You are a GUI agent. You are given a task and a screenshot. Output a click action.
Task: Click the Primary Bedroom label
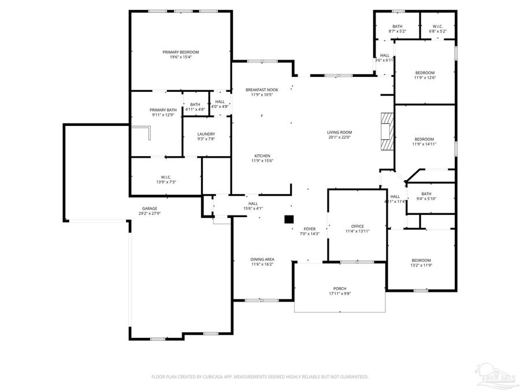[180, 52]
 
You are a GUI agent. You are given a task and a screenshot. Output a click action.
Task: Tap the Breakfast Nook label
[261, 90]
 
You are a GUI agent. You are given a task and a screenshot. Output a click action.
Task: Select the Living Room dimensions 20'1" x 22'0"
[340, 137]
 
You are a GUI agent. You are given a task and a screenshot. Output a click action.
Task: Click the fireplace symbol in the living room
[386, 132]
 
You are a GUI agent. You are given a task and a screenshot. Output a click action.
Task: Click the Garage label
[150, 209]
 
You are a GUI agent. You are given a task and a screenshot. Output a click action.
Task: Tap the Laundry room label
[206, 133]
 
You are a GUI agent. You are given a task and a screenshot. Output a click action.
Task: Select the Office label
[358, 226]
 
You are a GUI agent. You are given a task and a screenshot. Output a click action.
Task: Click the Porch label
[340, 288]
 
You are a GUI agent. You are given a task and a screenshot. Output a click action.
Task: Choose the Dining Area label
[262, 259]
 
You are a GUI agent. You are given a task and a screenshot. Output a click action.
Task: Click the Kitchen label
[262, 155]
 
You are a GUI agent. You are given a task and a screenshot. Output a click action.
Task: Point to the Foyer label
[310, 229]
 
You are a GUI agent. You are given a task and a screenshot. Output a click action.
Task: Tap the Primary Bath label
[163, 110]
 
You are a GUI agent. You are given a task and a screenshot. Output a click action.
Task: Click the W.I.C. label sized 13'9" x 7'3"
[166, 177]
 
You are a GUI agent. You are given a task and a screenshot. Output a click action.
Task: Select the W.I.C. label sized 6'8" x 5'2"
[437, 26]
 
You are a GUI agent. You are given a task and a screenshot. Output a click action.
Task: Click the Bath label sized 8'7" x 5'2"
[398, 26]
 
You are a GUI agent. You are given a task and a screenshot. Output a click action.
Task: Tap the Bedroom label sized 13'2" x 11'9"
[421, 260]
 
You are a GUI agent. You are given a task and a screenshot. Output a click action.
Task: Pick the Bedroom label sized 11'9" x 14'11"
[424, 139]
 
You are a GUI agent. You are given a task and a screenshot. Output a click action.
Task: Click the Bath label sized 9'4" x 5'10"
[426, 194]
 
